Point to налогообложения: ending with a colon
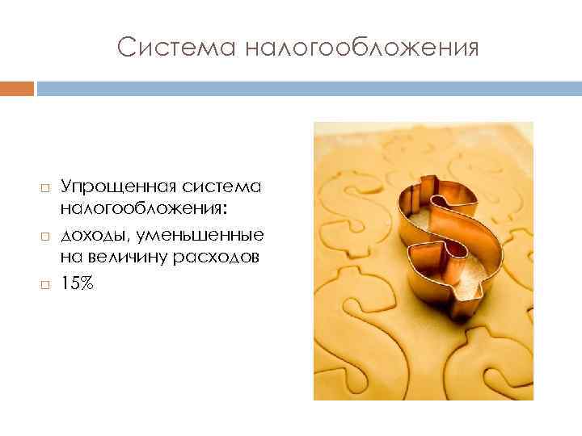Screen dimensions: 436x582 pyautogui.click(x=144, y=209)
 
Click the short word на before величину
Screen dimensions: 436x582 pyautogui.click(x=71, y=258)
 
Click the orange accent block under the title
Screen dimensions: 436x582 pyautogui.click(x=17, y=88)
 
